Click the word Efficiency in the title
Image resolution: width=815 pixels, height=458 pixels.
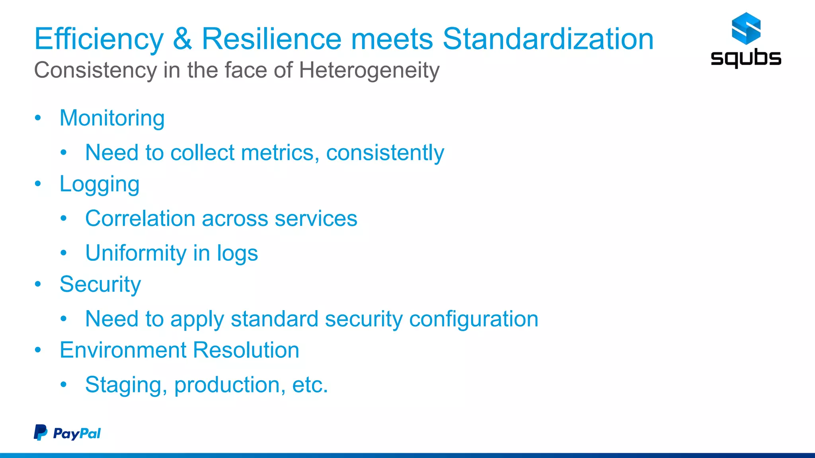coord(99,39)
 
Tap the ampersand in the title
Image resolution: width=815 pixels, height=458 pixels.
coord(182,39)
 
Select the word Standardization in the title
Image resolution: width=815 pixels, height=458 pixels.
coord(548,39)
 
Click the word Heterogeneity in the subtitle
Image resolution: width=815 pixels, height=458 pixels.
coord(369,70)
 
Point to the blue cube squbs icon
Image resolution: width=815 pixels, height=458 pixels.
coord(746,28)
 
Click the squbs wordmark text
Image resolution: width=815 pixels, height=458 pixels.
coord(746,58)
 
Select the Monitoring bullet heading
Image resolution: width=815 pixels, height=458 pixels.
coord(112,118)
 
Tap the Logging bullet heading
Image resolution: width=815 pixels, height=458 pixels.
coord(99,184)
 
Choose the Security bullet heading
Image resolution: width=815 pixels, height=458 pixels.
coord(100,284)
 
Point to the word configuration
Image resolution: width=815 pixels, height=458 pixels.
coord(474,319)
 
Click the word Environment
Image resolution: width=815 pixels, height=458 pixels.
coord(123,350)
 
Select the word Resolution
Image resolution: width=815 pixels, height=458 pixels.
coord(246,350)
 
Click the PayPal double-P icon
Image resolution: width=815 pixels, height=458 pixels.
coord(40,432)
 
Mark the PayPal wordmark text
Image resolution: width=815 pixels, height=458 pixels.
coord(77,433)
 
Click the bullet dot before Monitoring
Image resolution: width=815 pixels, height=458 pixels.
coord(38,118)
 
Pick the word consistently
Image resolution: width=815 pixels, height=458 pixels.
coord(385,153)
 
